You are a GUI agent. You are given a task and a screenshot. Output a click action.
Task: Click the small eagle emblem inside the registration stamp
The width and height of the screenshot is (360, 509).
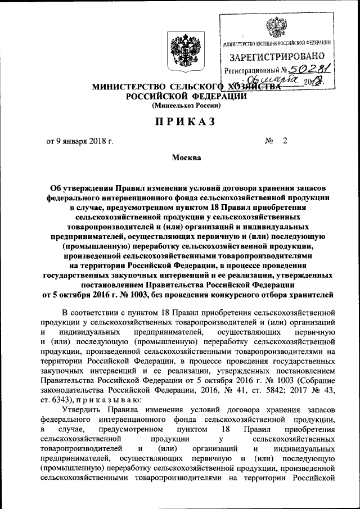point(276,26)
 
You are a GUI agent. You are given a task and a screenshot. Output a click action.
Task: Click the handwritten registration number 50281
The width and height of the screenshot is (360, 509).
point(308,69)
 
